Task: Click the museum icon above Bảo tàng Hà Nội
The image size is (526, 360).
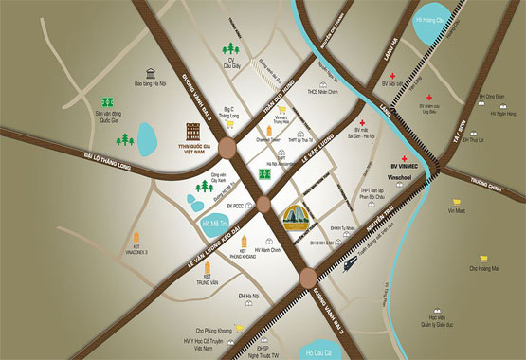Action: pos(151,73)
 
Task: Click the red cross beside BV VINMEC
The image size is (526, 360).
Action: pos(404,157)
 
